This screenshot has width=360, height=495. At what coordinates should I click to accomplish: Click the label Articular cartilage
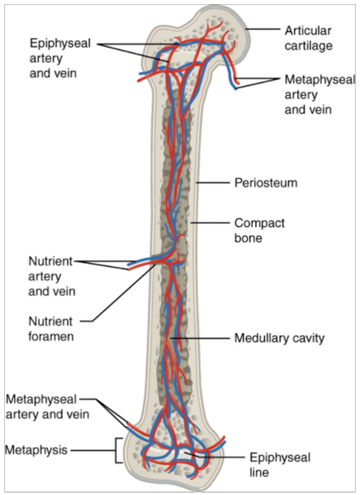pos(308,39)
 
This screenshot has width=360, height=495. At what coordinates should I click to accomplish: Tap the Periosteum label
pos(266,184)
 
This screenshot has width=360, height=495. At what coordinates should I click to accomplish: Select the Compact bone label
pos(259,231)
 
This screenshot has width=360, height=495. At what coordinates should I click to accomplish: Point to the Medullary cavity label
pos(279,338)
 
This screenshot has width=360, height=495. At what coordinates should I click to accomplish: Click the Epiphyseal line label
pos(280,464)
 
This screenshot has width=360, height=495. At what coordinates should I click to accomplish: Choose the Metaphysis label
pos(36,451)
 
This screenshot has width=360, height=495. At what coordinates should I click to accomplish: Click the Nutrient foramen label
pos(50,328)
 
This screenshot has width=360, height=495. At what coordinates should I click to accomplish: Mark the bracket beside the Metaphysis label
pos(117,451)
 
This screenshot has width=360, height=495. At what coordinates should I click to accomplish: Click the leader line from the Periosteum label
pos(213,184)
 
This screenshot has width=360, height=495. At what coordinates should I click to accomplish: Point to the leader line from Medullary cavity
pos(203,338)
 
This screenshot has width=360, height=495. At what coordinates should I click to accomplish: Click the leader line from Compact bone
pos(210,223)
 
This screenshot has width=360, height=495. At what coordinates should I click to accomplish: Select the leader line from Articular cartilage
pos(264,30)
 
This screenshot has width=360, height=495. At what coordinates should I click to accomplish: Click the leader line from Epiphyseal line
pos(218,457)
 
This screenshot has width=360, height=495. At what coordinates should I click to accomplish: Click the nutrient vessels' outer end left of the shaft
pos(130,266)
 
